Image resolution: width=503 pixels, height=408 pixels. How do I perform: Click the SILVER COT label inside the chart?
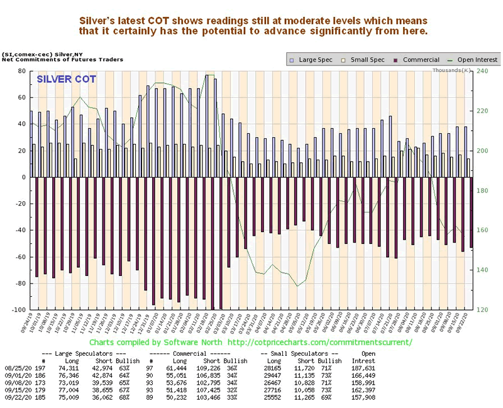pyautogui.click(x=66, y=80)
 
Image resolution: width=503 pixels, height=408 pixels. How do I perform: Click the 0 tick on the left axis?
pyautogui.click(x=25, y=177)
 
